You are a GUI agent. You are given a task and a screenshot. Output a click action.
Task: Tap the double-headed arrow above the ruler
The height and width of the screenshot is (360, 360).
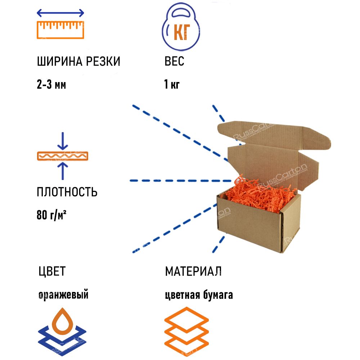[x=60, y=13]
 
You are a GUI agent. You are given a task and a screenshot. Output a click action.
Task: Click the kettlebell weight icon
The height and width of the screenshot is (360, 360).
[x=181, y=29]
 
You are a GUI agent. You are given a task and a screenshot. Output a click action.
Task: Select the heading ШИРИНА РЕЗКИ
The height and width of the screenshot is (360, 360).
[x=78, y=62]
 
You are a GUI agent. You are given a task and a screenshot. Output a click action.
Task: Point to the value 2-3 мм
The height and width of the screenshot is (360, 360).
[x=51, y=85]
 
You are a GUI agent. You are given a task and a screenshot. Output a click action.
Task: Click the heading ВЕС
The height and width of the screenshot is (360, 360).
[x=174, y=62]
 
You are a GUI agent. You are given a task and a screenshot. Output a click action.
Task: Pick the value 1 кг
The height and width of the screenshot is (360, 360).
[x=172, y=85]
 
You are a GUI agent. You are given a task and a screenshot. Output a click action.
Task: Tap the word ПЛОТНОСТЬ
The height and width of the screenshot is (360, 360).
[x=67, y=192]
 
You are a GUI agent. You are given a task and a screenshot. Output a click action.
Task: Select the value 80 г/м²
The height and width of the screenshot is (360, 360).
[x=53, y=215]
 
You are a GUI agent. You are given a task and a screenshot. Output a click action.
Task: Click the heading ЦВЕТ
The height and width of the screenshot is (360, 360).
[x=52, y=271]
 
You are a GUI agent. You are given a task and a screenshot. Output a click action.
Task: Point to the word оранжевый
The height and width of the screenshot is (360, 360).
[x=63, y=295]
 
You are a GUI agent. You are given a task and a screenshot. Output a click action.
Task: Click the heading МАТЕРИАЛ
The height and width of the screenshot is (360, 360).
[x=193, y=271]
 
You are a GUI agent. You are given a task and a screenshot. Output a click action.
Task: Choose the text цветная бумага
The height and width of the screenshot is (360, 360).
[x=199, y=295]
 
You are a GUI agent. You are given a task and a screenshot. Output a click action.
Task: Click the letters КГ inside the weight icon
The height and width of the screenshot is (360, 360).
[x=182, y=33]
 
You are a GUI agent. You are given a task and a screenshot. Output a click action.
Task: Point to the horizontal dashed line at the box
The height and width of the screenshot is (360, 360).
[x=180, y=180]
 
